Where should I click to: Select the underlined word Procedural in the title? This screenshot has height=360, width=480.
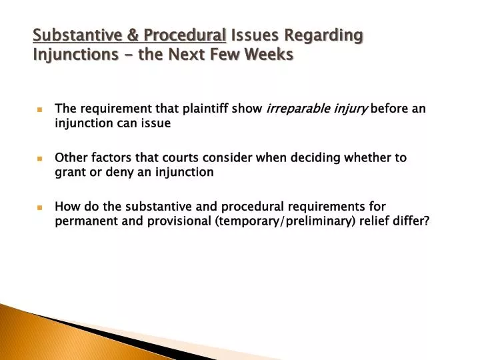(183, 35)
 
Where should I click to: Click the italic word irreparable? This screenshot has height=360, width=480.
(295, 108)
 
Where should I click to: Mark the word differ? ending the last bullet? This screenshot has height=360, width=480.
(414, 221)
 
